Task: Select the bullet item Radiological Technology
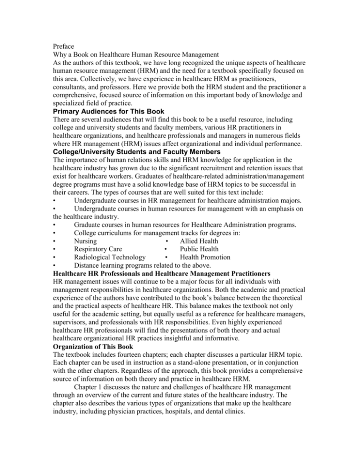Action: pos(110,258)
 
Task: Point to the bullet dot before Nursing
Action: pos(55,241)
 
